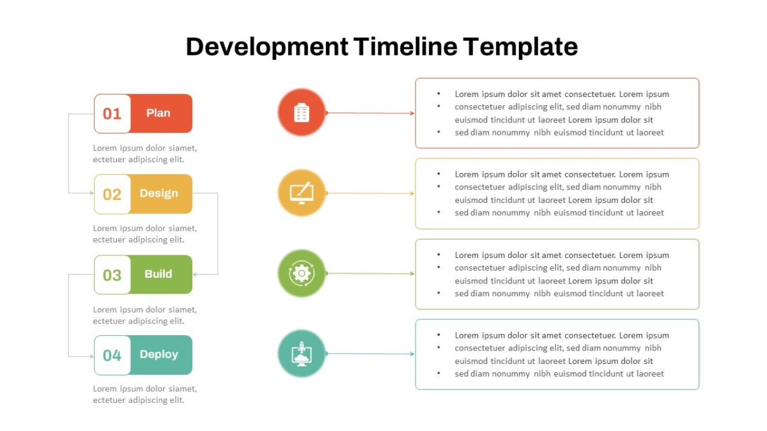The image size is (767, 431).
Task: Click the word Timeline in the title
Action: coord(405,47)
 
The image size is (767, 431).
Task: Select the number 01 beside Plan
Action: coord(112,114)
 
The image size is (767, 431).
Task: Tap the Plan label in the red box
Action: coord(159,113)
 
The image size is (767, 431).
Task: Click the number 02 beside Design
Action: coord(112,195)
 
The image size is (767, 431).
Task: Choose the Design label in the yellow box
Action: coord(159,193)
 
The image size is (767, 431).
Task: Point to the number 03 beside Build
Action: coord(112,275)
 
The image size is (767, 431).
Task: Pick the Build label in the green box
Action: coord(159,274)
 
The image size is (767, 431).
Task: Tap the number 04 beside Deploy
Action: coord(112,356)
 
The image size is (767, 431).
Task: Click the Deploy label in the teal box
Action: coord(159,355)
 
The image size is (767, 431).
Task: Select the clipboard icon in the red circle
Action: coord(302,112)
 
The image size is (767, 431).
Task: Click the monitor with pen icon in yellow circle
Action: coord(302,193)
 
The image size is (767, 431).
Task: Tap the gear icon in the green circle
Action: coord(302,273)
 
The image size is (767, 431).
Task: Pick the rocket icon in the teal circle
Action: coord(302,354)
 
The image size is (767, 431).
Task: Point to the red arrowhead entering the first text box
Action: coord(412,113)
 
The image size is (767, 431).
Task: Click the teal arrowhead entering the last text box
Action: coord(412,354)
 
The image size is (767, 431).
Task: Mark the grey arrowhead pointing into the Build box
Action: coord(195,275)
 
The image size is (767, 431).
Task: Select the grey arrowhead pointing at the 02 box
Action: coord(91,193)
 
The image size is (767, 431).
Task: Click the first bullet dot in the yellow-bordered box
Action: coord(438,174)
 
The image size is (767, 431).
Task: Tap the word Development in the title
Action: coord(267,47)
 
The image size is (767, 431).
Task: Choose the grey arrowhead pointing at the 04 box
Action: coord(91,356)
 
